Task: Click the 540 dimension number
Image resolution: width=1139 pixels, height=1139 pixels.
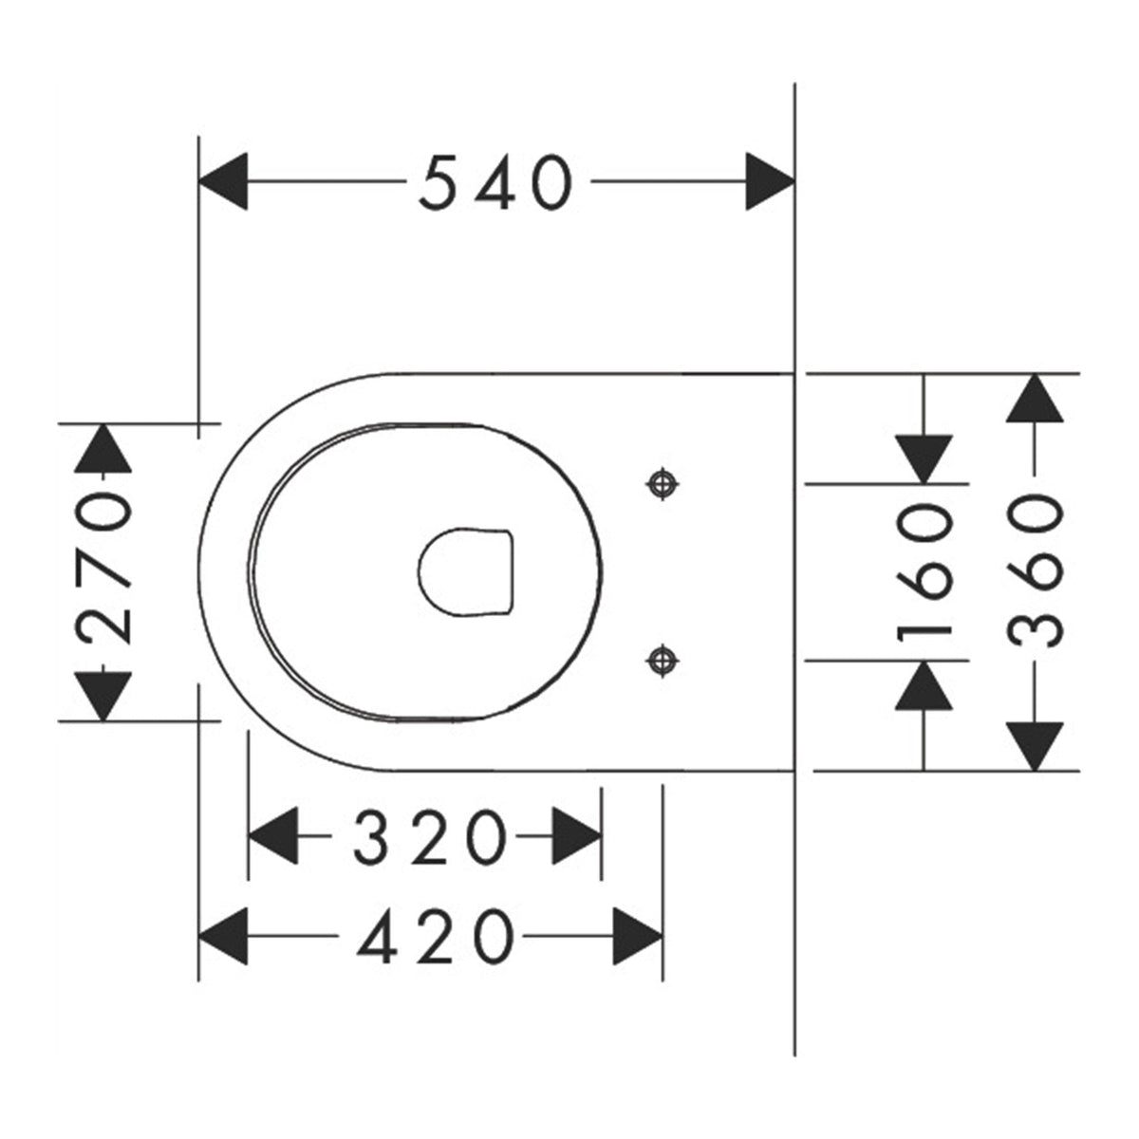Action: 495,181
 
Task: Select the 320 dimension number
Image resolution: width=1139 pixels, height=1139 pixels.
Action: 430,836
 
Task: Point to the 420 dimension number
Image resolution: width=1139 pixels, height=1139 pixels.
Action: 436,936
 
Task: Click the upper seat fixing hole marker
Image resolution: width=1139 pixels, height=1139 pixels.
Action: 662,484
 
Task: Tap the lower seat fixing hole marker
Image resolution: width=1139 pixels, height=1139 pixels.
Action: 662,661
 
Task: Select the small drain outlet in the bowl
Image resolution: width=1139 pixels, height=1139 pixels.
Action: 466,571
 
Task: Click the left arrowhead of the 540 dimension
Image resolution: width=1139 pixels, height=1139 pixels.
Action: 223,181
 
